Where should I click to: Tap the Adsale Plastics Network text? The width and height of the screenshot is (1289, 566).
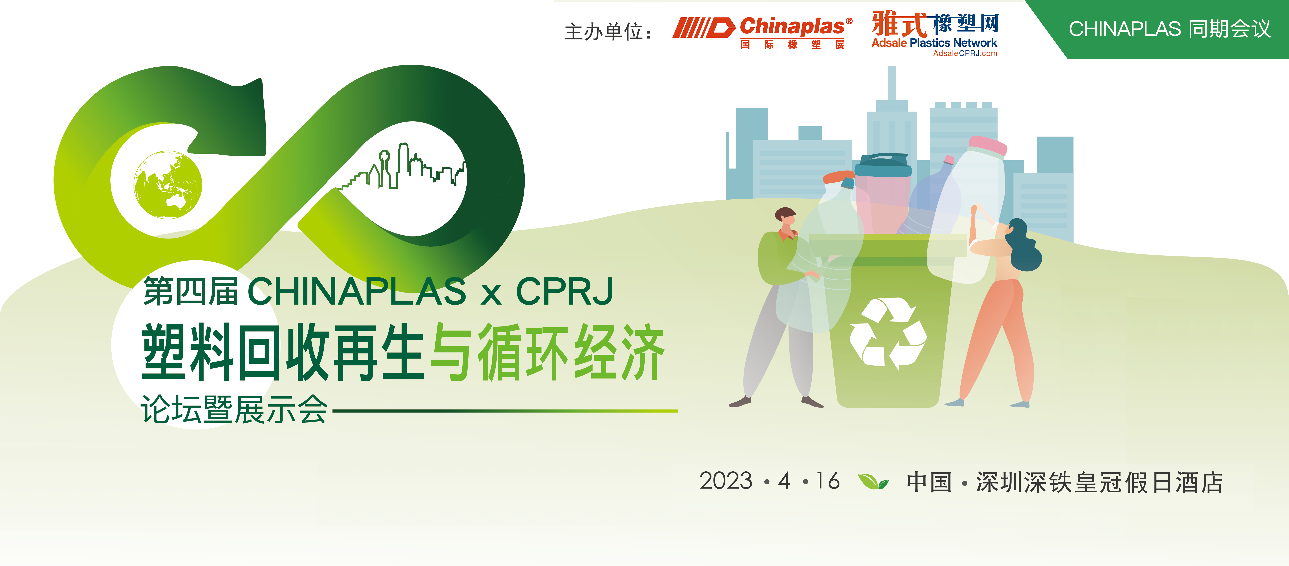coord(934,43)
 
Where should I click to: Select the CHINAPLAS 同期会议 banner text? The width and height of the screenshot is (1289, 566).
coord(1169,29)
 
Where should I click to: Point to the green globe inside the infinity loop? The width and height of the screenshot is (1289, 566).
coord(168,185)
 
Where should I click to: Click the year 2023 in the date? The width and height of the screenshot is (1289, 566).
coord(726,481)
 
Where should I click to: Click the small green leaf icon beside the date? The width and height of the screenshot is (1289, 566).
coord(873,481)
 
